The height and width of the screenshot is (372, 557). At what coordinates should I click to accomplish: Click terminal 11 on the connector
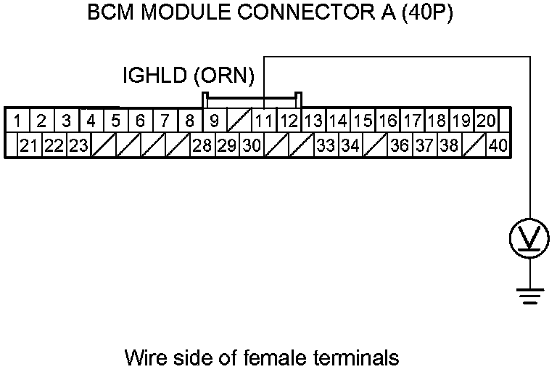265,120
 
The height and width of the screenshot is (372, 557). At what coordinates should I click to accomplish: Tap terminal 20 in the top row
485,120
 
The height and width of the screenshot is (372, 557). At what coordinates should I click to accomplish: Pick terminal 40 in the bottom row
498,145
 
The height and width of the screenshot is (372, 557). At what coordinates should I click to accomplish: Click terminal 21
29,145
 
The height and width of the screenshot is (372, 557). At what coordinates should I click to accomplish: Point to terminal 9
215,120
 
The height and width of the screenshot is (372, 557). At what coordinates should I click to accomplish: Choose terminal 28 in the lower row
202,145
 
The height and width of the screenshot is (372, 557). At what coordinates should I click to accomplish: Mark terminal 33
326,145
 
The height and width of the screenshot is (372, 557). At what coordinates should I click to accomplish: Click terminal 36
400,145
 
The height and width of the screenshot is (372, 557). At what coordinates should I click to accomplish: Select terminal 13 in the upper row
313,120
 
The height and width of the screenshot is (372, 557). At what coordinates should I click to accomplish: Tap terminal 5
115,120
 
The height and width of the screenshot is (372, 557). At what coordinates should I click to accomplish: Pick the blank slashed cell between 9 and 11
239,120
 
